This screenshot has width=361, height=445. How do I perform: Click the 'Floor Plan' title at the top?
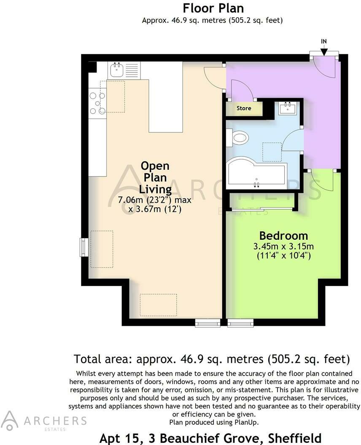[213, 8]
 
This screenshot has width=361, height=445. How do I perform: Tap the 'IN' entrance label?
[323, 41]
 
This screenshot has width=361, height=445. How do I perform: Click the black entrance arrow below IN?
[323, 51]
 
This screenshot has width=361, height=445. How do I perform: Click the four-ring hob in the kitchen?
[97, 103]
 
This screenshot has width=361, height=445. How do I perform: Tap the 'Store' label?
[244, 108]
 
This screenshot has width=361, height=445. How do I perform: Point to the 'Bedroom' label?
[283, 236]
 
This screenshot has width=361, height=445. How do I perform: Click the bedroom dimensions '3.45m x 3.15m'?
[283, 246]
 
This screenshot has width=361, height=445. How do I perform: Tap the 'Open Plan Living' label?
[155, 177]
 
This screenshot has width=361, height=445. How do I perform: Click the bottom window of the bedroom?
[240, 323]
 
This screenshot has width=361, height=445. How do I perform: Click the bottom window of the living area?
[207, 323]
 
